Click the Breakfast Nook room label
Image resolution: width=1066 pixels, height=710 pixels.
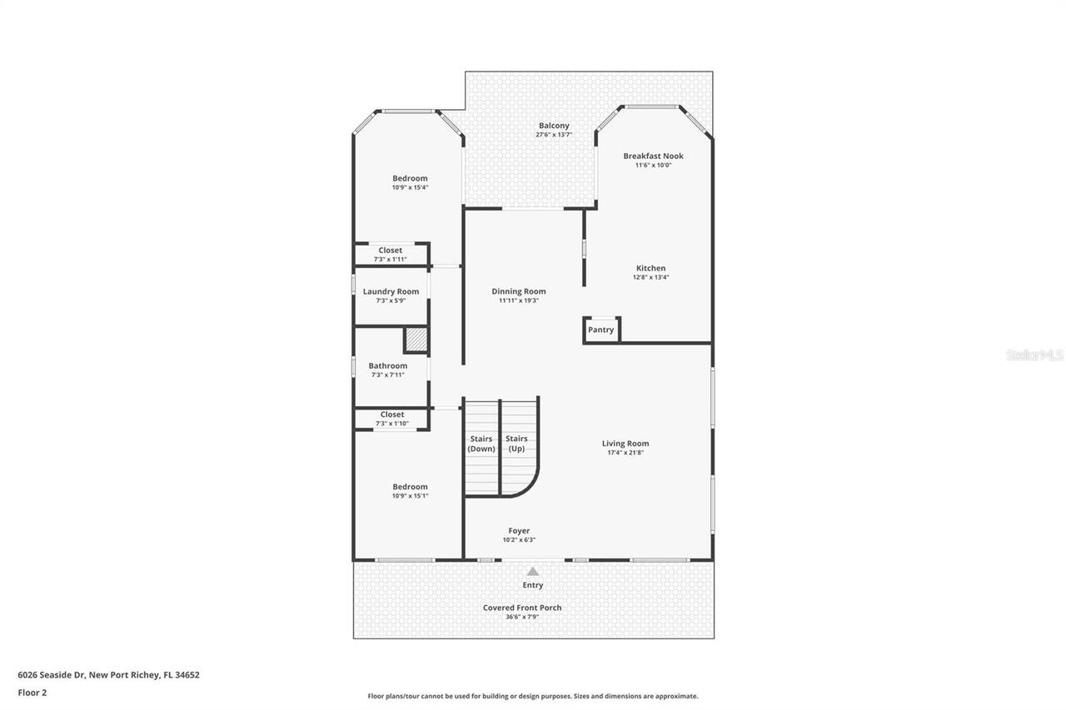point(653,156)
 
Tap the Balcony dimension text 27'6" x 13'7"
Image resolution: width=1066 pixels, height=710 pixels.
point(554,135)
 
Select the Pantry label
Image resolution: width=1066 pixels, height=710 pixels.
point(600,330)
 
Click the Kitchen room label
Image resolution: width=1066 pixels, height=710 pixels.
point(650,268)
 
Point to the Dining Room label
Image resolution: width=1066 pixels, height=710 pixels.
point(518,291)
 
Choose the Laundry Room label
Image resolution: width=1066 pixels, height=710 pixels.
point(391,291)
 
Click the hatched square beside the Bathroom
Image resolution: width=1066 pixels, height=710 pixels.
point(416,340)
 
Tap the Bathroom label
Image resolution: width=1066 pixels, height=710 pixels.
point(387,365)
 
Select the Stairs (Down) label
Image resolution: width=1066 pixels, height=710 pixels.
point(481,444)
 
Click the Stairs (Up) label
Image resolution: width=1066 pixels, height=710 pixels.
point(516,444)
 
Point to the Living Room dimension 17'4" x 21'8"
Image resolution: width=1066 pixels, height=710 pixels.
point(625,453)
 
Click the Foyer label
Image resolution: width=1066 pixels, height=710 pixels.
point(519,530)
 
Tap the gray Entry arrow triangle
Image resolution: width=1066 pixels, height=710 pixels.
point(532,571)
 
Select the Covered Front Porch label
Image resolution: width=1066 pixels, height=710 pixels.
point(522,608)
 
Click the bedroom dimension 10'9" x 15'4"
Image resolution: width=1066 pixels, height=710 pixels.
point(410,187)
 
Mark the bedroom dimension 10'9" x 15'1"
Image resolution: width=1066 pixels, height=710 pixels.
point(410,496)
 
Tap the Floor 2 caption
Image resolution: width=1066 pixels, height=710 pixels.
point(32,692)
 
